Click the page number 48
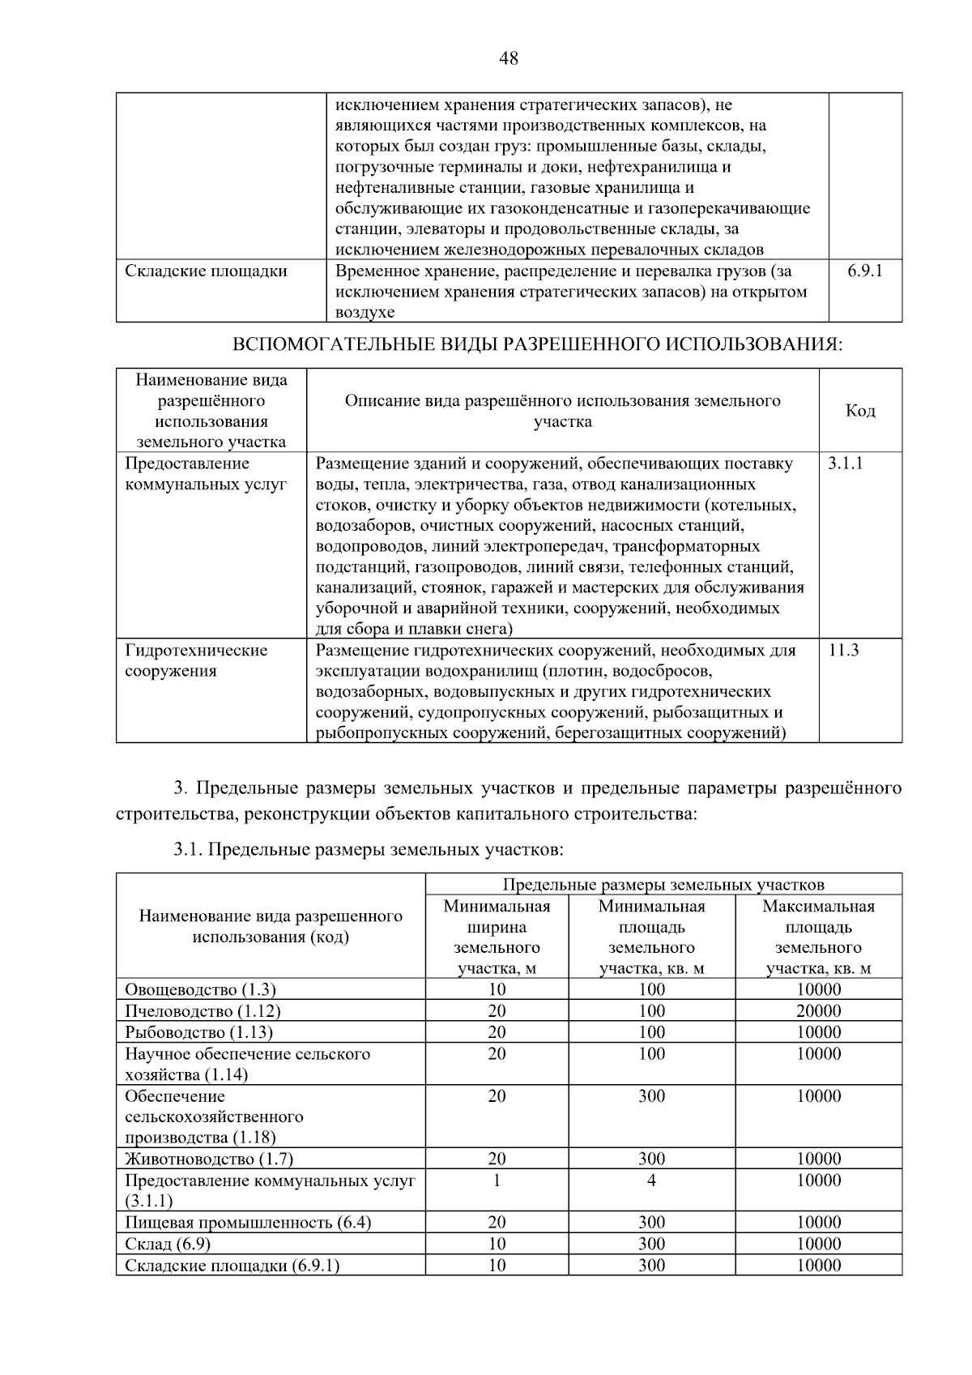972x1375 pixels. tap(509, 58)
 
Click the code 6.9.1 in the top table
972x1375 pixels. tap(865, 271)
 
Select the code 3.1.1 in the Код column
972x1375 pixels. tap(846, 463)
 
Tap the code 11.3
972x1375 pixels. tap(843, 650)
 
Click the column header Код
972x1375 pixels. tap(860, 411)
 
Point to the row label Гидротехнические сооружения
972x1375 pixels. tap(196, 660)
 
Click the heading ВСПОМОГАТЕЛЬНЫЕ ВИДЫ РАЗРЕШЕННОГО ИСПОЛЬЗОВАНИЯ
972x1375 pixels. tap(537, 345)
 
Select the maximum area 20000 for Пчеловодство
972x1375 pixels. tap(818, 1010)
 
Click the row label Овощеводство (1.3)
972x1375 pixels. tap(200, 989)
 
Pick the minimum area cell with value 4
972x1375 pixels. tap(651, 1180)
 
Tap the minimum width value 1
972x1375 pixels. tap(497, 1180)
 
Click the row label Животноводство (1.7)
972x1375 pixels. tap(209, 1159)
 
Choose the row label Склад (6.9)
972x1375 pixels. tap(168, 1244)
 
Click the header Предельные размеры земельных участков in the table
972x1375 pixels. tap(663, 884)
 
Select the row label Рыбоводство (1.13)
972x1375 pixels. tap(198, 1032)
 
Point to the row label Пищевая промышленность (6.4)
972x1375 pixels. tap(248, 1222)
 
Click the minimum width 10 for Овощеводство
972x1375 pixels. tap(497, 989)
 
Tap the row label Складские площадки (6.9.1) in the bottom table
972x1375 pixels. tap(232, 1265)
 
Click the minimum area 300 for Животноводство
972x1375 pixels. tap(651, 1159)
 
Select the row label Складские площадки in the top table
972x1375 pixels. tap(206, 271)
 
